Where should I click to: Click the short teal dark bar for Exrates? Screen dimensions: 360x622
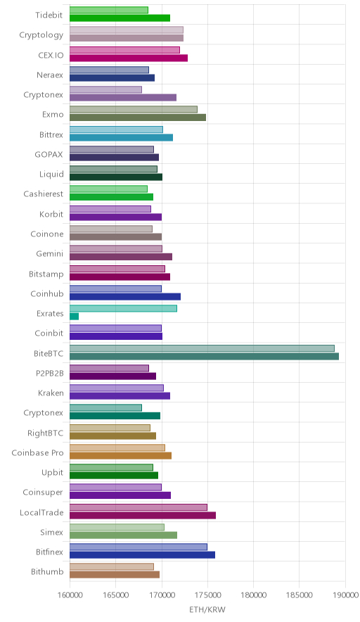pyautogui.click(x=74, y=317)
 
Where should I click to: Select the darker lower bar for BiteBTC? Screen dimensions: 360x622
pyautogui.click(x=204, y=356)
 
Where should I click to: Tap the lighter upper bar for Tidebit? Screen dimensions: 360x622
pyautogui.click(x=109, y=10)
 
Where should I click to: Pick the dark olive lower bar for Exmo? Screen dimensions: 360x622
pyautogui.click(x=138, y=118)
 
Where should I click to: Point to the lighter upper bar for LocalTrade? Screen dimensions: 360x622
pyautogui.click(x=139, y=507)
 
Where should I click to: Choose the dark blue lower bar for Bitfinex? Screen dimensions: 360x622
pyautogui.click(x=142, y=555)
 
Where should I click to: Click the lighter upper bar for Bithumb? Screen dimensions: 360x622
pyautogui.click(x=112, y=567)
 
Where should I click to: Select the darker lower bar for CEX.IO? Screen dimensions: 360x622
pyautogui.click(x=129, y=58)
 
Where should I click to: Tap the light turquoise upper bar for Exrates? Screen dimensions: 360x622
pyautogui.click(x=123, y=309)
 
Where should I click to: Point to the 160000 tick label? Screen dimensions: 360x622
pyautogui.click(x=70, y=595)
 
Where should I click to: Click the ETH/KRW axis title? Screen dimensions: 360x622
pyautogui.click(x=207, y=610)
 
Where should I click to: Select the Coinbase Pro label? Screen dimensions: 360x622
pyautogui.click(x=38, y=452)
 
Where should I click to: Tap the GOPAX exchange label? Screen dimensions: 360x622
pyautogui.click(x=49, y=154)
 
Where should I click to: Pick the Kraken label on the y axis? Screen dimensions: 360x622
pyautogui.click(x=51, y=393)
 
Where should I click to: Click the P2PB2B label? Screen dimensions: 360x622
pyautogui.click(x=49, y=373)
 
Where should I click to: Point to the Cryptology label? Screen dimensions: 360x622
pyautogui.click(x=41, y=35)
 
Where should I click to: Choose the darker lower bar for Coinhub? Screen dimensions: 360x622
pyautogui.click(x=125, y=297)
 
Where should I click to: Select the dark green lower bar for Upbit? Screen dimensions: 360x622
pyautogui.click(x=114, y=475)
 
